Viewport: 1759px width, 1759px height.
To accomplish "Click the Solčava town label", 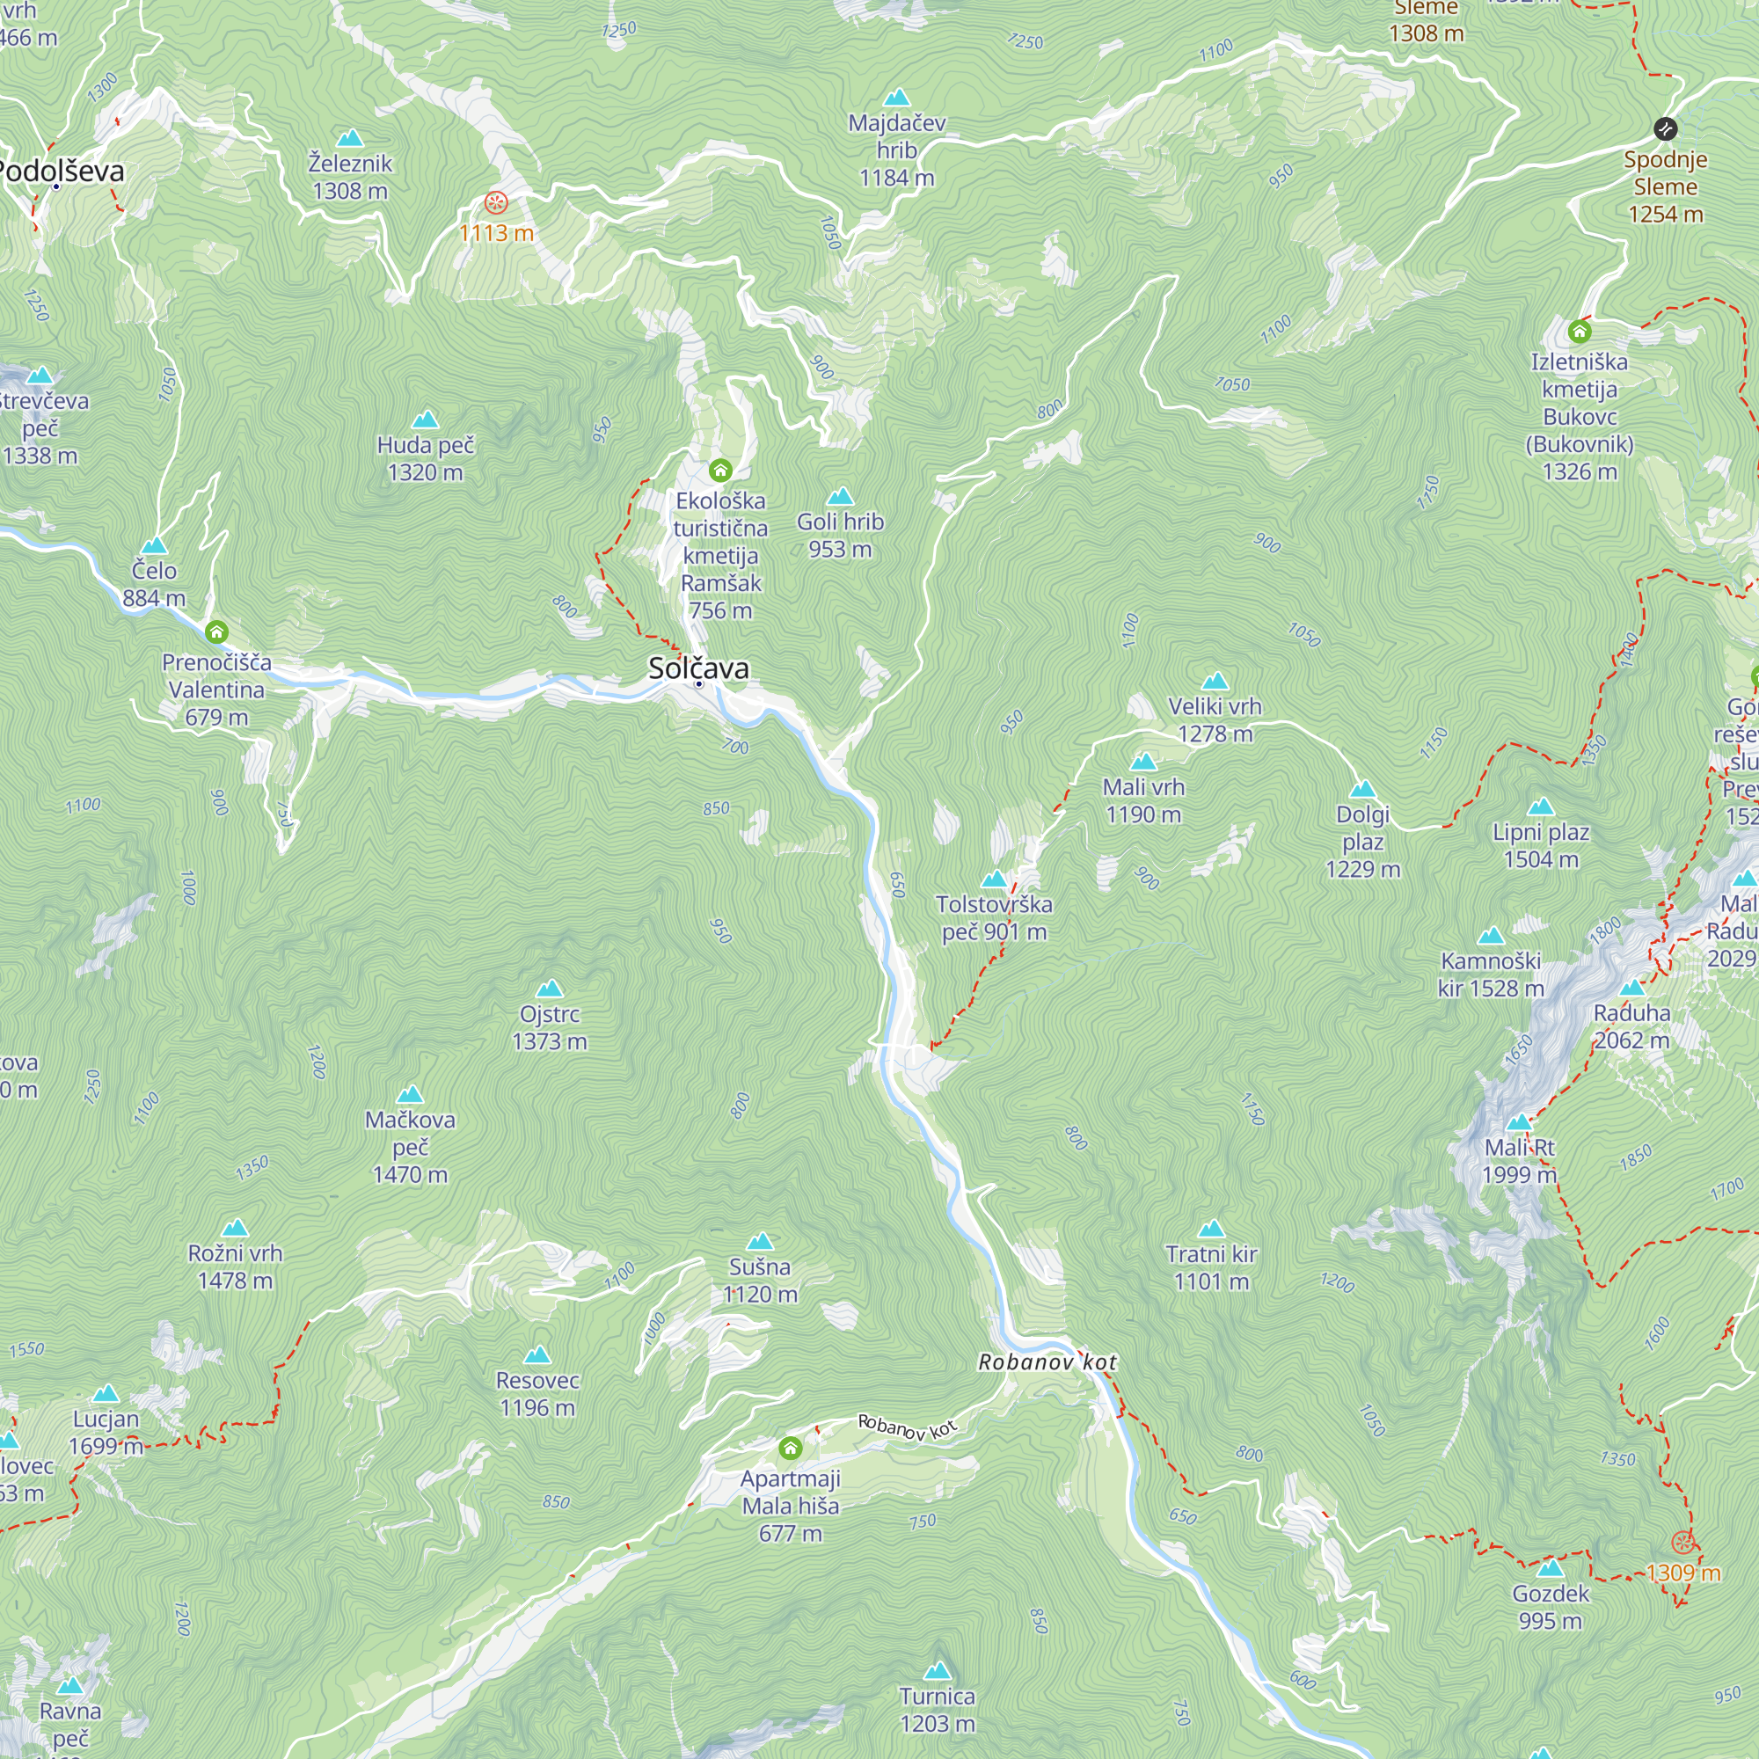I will [698, 668].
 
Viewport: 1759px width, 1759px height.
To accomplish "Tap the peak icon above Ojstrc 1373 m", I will [549, 989].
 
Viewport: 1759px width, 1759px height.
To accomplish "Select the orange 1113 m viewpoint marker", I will [496, 202].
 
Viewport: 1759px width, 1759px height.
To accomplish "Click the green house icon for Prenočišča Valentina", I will [216, 631].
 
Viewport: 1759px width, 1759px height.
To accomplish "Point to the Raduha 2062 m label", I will [1631, 1026].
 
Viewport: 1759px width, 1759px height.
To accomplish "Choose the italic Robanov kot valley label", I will [1047, 1362].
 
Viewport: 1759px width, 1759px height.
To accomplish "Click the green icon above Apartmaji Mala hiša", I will [791, 1448].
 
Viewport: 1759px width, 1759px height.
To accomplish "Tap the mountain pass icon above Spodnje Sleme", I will [1665, 128].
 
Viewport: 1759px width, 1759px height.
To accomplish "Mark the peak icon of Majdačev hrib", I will [897, 98].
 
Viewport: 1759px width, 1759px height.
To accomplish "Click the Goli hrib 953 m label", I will [840, 535].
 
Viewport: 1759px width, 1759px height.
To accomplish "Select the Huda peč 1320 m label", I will [425, 458].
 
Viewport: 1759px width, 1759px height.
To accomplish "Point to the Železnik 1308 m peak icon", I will [350, 138].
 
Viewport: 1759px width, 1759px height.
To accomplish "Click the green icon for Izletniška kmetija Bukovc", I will [1580, 331].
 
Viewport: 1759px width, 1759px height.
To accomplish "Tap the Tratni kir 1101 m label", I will [1211, 1267].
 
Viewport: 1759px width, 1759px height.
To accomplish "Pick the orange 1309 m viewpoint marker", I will [1682, 1543].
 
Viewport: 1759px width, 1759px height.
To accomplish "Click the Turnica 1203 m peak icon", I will [937, 1671].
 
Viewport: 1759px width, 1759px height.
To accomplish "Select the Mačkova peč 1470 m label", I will [410, 1146].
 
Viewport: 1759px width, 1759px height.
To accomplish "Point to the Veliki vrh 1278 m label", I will [1215, 719].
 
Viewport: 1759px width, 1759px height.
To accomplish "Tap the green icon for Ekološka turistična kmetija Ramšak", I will [720, 471].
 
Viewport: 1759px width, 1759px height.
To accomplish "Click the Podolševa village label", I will [60, 171].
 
